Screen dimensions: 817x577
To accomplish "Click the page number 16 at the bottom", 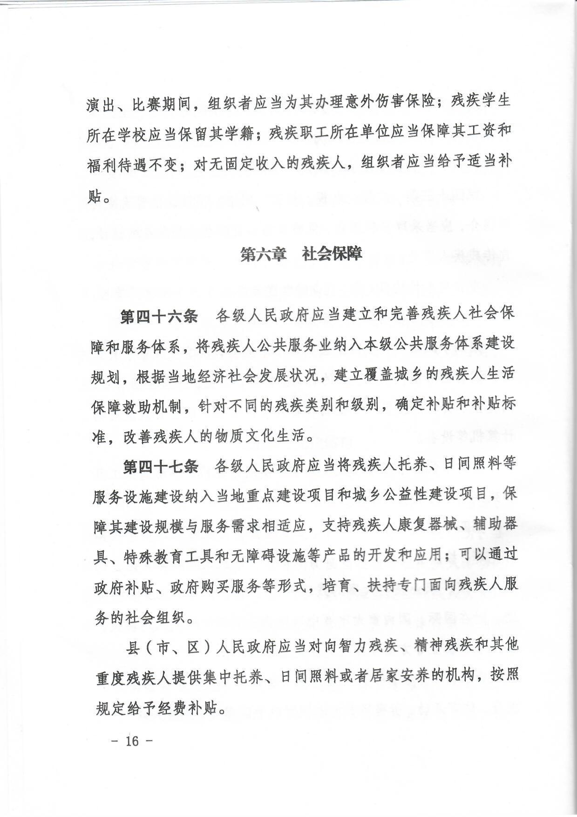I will point(132,741).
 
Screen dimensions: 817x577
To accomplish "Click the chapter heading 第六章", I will point(262,255).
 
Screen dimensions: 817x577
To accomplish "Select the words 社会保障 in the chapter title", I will point(332,254).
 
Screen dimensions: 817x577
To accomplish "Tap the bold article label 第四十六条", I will point(158,316).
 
